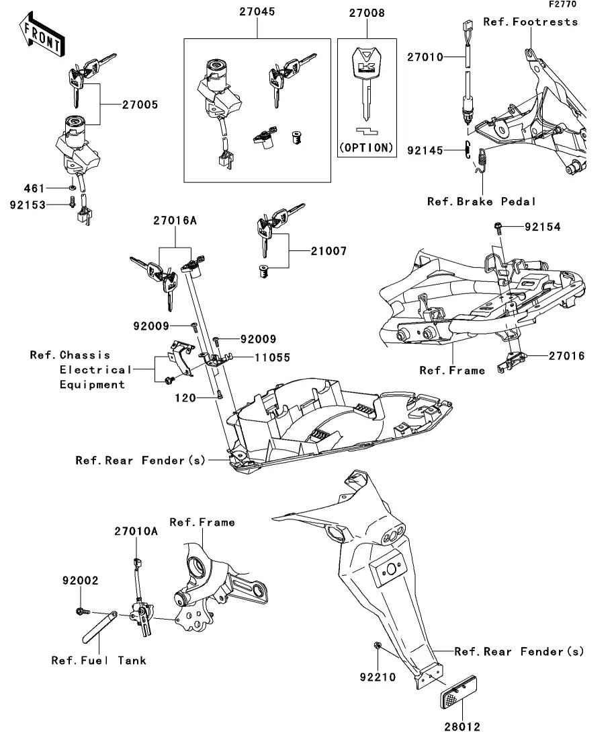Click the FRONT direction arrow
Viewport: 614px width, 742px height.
click(x=42, y=35)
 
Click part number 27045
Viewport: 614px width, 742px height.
click(x=257, y=11)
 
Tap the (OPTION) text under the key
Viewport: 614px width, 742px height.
click(x=367, y=147)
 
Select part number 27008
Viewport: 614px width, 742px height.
click(x=367, y=13)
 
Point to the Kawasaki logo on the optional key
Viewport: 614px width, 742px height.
click(x=367, y=66)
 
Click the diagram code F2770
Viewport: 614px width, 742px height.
click(x=562, y=4)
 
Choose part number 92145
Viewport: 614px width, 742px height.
click(x=425, y=151)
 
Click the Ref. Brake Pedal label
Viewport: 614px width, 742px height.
click(x=481, y=202)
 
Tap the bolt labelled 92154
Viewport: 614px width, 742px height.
click(x=498, y=227)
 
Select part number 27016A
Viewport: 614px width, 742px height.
click(x=175, y=220)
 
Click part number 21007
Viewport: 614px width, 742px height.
click(x=328, y=251)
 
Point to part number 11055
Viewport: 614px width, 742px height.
click(x=272, y=357)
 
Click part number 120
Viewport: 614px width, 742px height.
click(x=185, y=398)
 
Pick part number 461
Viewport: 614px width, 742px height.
click(x=34, y=188)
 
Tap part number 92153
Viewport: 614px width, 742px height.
click(x=28, y=205)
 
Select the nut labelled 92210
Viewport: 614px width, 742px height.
click(x=377, y=645)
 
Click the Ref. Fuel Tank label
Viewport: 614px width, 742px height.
click(x=99, y=660)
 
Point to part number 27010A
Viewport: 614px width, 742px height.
click(x=136, y=531)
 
